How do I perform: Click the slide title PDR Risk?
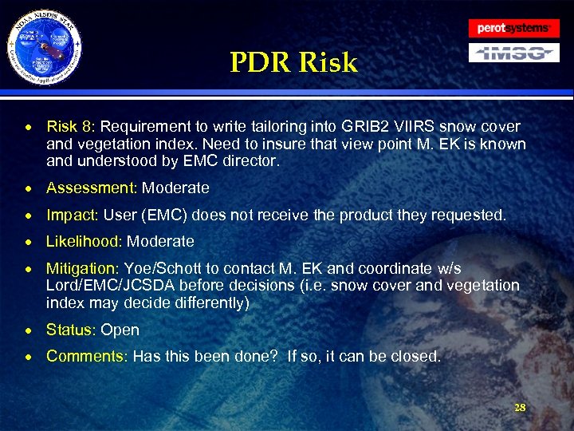pyautogui.click(x=294, y=63)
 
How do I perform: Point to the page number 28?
pyautogui.click(x=520, y=408)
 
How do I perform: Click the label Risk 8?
pyautogui.click(x=71, y=127)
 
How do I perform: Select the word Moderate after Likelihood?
pyautogui.click(x=160, y=241)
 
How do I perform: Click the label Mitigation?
pyautogui.click(x=83, y=268)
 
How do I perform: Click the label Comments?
pyautogui.click(x=87, y=356)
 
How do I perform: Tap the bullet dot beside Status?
pyautogui.click(x=28, y=330)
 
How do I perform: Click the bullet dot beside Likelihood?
pyautogui.click(x=28, y=242)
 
